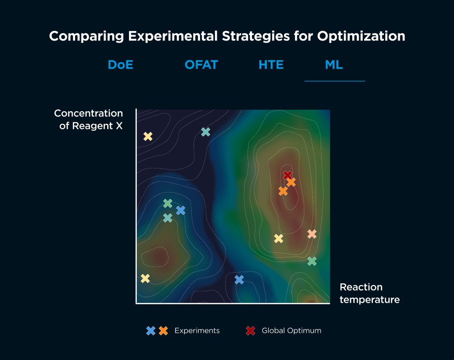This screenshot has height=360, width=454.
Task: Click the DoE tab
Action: coord(121,65)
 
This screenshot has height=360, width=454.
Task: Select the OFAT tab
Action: coord(201,65)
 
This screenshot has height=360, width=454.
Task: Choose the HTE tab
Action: coord(271,65)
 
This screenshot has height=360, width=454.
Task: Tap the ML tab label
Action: coord(334,65)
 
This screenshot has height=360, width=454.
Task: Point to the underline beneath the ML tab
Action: coord(334,80)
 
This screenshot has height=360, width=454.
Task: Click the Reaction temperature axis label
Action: coord(369,293)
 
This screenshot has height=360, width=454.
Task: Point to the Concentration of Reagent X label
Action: coord(89,120)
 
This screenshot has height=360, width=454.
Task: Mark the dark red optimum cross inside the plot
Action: coord(288,175)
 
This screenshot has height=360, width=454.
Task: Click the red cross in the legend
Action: coord(250,331)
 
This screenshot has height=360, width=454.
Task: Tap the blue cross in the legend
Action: coord(151,331)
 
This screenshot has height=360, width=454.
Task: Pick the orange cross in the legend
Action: coord(164,331)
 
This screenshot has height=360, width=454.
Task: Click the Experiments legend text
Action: coord(197,331)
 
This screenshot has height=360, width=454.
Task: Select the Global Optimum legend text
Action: coord(291,331)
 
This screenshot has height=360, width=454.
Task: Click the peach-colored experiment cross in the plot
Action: coord(312,234)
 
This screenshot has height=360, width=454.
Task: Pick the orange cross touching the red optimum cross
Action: coord(291,182)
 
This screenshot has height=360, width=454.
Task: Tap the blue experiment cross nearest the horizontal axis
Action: coord(239,280)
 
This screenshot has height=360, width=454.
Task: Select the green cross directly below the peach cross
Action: coord(312,261)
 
